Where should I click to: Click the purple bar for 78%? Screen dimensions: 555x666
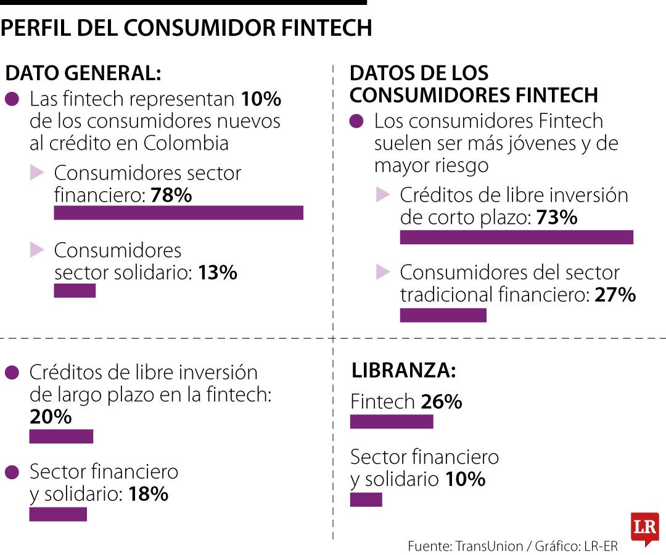(x=178, y=213)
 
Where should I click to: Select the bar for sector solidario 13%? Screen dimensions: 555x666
(x=75, y=290)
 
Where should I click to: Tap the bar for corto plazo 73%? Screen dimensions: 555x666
(x=516, y=237)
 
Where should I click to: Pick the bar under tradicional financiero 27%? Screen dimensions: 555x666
(x=443, y=315)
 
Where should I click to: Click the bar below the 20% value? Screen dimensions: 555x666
(x=61, y=437)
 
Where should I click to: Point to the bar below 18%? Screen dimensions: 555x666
(x=58, y=514)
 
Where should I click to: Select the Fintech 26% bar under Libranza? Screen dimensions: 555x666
(x=392, y=422)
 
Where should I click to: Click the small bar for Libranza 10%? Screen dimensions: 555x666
(x=366, y=499)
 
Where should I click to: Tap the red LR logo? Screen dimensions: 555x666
(x=644, y=528)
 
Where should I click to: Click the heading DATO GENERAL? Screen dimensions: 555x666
(x=83, y=73)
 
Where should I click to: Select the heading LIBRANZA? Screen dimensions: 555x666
(x=403, y=371)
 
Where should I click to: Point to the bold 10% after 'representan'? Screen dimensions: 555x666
(x=261, y=99)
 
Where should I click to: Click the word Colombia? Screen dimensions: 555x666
(x=186, y=143)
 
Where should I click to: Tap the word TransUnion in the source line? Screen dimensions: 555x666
(x=485, y=546)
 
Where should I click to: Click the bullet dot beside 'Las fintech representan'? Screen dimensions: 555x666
(x=12, y=99)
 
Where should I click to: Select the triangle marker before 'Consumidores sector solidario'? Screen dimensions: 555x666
(x=37, y=250)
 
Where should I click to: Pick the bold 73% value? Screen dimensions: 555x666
(x=557, y=218)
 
